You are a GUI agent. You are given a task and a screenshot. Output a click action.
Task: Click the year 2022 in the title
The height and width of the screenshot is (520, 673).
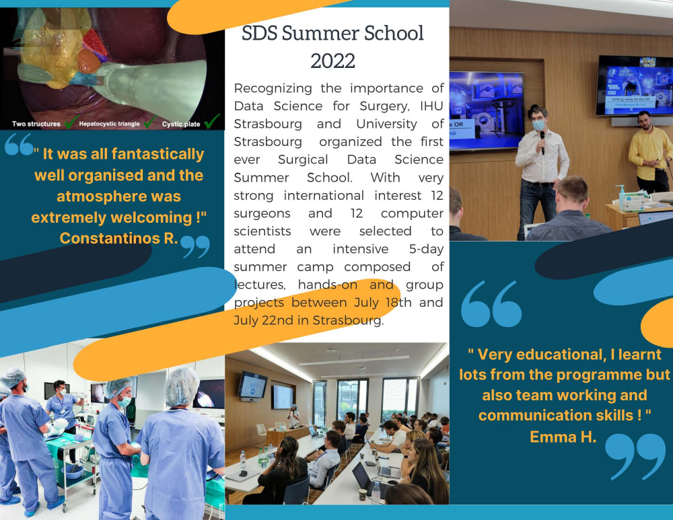332,61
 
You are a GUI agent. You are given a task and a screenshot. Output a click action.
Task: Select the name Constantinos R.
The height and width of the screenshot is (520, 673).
119,238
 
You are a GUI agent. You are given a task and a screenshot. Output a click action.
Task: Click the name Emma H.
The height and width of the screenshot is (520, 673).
563,437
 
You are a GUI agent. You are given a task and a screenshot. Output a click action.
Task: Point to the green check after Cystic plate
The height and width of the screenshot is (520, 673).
212,121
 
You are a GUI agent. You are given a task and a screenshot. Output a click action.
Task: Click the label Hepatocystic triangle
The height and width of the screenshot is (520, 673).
110,124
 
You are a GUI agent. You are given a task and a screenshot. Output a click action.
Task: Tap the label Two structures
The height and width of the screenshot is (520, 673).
36,124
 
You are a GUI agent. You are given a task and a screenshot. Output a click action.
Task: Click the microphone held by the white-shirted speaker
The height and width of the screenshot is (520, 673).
542,141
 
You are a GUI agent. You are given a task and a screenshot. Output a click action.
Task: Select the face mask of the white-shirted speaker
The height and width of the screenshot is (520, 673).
538,125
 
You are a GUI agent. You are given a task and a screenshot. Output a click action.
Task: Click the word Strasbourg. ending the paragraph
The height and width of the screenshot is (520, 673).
348,320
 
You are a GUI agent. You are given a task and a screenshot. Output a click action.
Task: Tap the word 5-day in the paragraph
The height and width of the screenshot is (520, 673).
426,249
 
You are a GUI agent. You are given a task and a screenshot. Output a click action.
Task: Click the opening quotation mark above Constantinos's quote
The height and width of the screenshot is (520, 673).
19,144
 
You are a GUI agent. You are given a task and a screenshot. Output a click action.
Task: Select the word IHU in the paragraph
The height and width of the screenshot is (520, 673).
431,106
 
